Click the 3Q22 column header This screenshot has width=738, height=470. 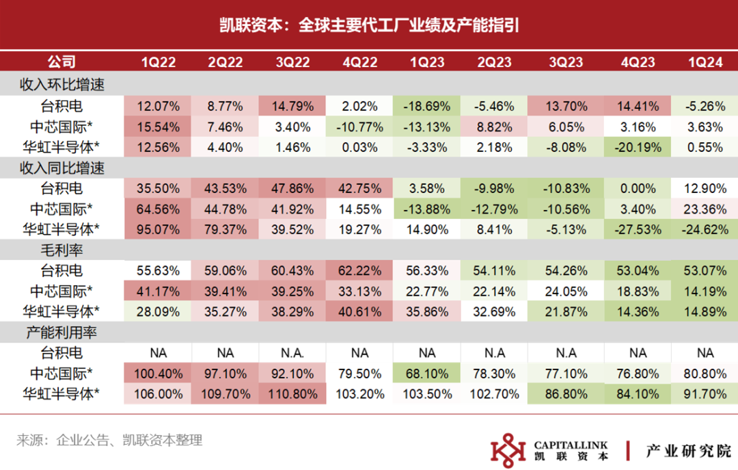[292, 62]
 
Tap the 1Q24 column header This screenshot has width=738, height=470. [705, 62]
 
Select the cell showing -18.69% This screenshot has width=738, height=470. [427, 106]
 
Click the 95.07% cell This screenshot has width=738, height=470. [158, 230]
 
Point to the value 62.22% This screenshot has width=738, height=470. [359, 271]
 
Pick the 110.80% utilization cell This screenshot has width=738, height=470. [292, 394]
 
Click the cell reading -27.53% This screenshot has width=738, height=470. [638, 230]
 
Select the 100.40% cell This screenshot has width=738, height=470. [158, 374]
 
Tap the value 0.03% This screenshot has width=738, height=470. [359, 148]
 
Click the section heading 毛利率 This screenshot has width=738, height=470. [61, 250]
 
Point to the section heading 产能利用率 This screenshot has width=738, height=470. [61, 332]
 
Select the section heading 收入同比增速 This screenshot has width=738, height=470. [61, 168]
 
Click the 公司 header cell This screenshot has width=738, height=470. [61, 62]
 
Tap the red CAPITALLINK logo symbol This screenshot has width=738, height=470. [508, 450]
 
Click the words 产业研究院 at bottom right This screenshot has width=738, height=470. [689, 451]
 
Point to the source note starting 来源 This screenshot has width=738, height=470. [109, 441]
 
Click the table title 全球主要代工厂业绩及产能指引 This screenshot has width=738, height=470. [409, 25]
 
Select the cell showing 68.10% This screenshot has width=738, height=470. [427, 374]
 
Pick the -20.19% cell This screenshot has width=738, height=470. [638, 148]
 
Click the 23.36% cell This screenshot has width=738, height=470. [705, 209]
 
